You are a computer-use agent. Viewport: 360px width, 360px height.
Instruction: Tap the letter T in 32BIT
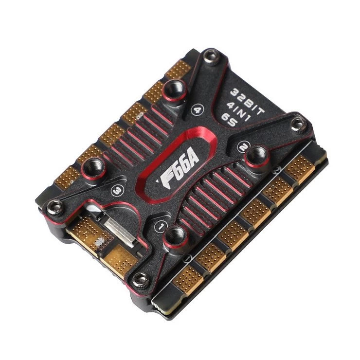pos(260,111)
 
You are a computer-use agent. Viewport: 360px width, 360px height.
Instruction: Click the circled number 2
pos(243,147)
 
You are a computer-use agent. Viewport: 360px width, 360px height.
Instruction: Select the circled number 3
pos(117,190)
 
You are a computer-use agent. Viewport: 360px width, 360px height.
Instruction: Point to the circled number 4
pos(197,110)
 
